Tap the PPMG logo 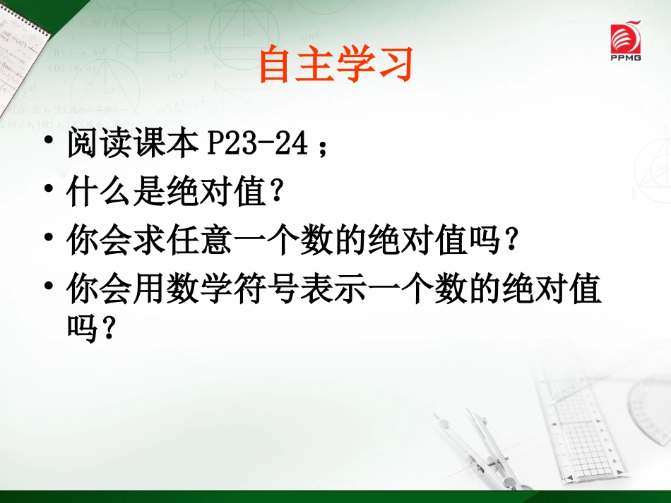pyautogui.click(x=625, y=42)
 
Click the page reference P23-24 pyautogui.click(x=257, y=146)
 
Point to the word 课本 pyautogui.click(x=162, y=146)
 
